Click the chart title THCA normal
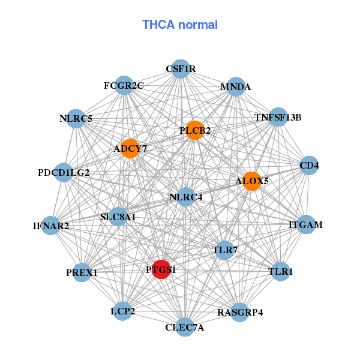point(180,25)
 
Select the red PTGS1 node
point(161,269)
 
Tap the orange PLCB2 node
point(194,130)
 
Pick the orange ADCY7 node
point(130,148)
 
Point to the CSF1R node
point(181,69)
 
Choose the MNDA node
point(236,87)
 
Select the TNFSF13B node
point(278,117)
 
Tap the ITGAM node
point(306,225)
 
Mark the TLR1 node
point(280,272)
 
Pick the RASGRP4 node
point(240,312)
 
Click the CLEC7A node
point(185,327)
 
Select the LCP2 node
point(122,311)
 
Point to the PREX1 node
point(82,273)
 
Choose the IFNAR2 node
point(51,226)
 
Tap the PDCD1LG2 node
point(64,173)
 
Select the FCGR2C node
point(124,86)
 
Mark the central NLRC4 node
point(186,197)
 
